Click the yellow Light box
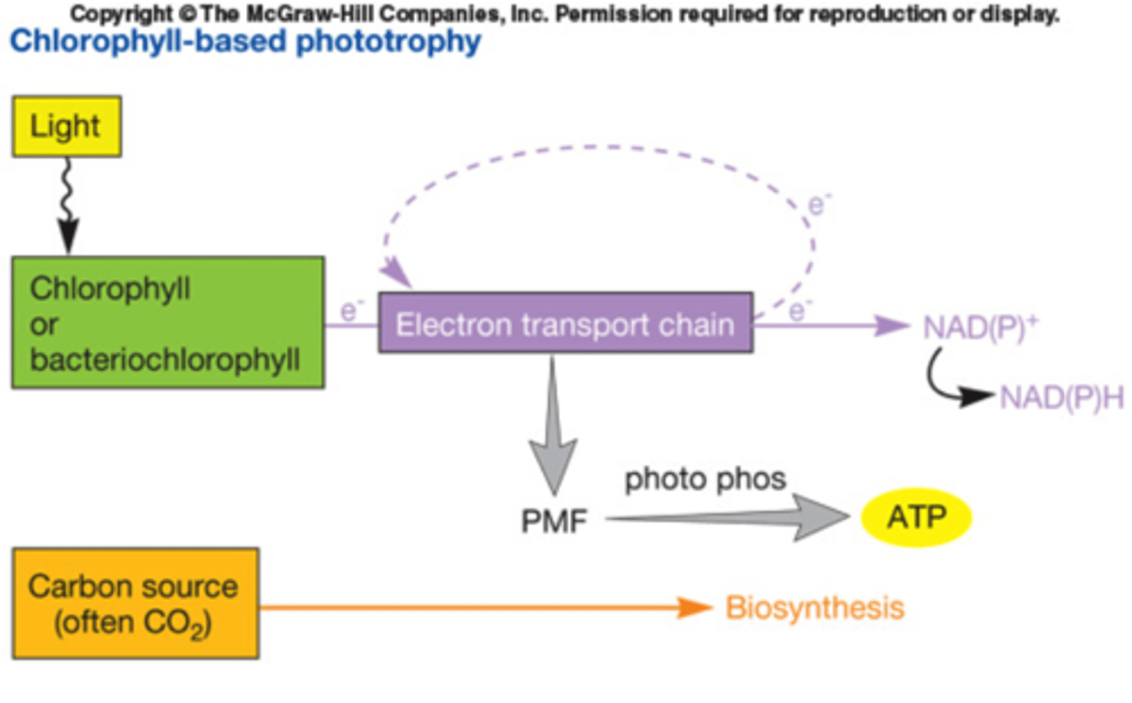[x=67, y=126]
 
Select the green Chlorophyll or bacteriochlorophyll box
[x=167, y=323]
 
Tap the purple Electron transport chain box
[x=565, y=324]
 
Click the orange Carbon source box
[x=135, y=603]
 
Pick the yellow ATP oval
[x=916, y=518]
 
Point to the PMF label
[x=554, y=521]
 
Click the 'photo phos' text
[x=704, y=478]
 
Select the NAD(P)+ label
[x=979, y=327]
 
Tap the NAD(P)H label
[x=1061, y=398]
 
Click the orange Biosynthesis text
[x=814, y=608]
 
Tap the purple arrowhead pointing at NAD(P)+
[x=893, y=324]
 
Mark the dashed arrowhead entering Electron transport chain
[x=397, y=274]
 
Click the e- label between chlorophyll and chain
[x=351, y=310]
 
